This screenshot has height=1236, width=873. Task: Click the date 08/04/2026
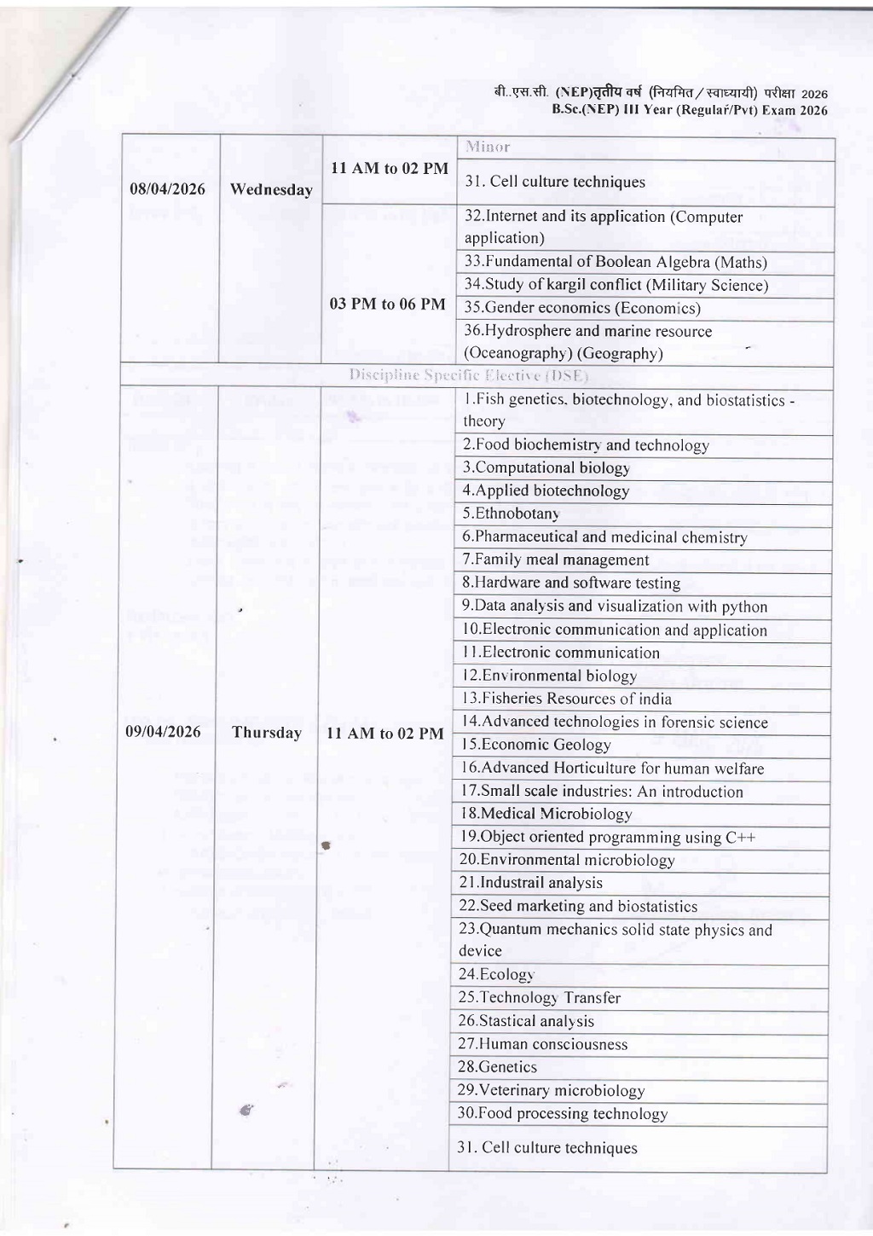coord(168,189)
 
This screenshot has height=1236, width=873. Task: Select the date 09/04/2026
coord(164,732)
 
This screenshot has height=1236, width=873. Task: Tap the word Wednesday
coord(271,189)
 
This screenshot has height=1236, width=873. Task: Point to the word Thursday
coord(267,733)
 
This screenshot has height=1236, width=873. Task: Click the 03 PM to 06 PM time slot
coord(388,305)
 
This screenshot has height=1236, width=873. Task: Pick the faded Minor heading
coord(488,147)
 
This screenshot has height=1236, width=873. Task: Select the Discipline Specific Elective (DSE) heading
coord(468,375)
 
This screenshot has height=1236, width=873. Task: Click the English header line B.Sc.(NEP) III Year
coord(689,110)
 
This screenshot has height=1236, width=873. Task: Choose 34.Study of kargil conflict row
coord(616,285)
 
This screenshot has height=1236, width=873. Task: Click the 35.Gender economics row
coord(582,308)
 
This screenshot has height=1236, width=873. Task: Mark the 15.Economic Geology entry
coord(536,745)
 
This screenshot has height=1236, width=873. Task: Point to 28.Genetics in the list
coord(498,1067)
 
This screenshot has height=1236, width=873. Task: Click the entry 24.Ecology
coord(496,974)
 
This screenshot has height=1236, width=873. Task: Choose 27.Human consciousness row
coord(542,1044)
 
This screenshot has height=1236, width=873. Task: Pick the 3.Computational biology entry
coord(546,467)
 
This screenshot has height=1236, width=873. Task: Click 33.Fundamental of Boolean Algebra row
coord(616,262)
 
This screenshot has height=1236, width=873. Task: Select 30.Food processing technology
coord(562,1113)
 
